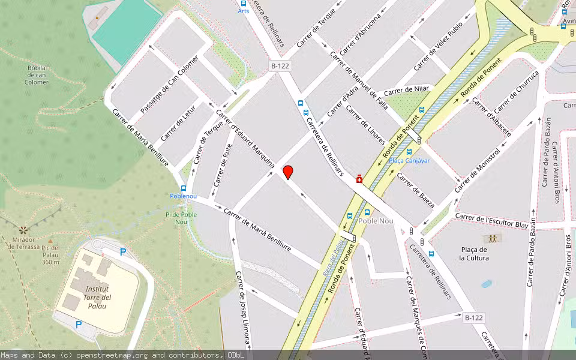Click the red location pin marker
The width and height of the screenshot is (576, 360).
point(288,172)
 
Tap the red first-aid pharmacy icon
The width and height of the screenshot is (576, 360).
point(359,179)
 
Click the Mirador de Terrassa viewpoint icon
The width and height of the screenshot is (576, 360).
point(23,230)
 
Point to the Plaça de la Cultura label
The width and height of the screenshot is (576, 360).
point(474,254)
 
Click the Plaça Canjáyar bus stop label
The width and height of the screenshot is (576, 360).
point(409,160)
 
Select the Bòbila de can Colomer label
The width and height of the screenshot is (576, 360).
point(37,75)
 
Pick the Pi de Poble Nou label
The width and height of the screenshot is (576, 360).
point(181,218)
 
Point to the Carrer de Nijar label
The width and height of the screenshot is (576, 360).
point(407,90)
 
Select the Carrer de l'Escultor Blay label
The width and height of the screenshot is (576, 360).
point(492,220)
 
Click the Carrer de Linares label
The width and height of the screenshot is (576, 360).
point(365,125)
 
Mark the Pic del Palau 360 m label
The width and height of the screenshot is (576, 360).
point(51,254)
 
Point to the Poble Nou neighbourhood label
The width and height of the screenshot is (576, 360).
point(376,221)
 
